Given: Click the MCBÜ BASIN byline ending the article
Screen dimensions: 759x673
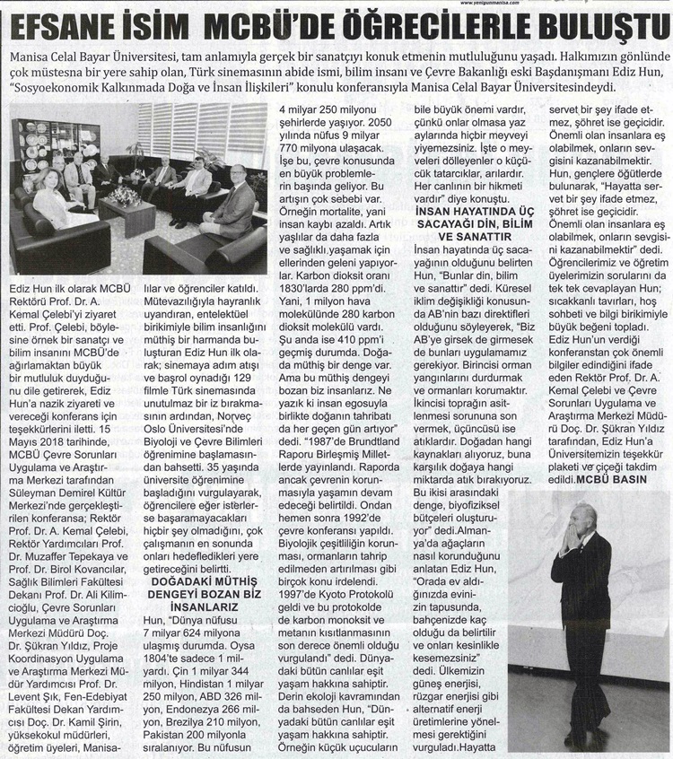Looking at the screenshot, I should click(617, 480).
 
